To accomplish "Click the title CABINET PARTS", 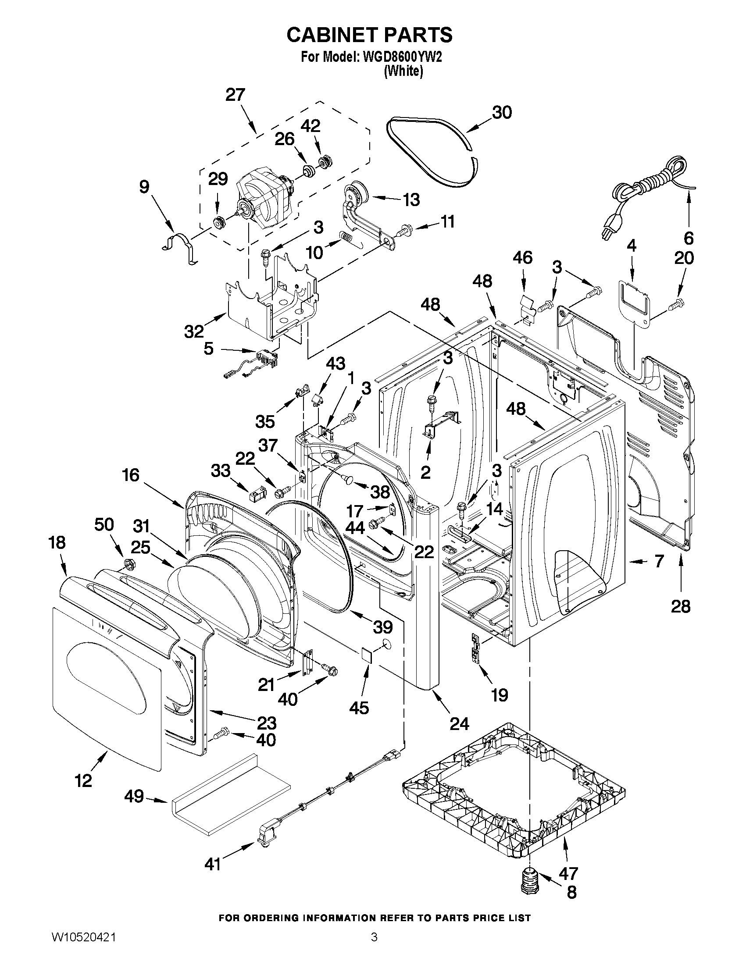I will (x=369, y=35).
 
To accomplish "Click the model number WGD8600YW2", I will (x=401, y=57).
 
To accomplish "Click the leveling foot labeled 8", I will (x=529, y=882).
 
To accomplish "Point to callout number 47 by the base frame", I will (x=568, y=873).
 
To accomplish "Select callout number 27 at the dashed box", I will (x=235, y=95).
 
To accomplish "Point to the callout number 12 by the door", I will (x=83, y=781).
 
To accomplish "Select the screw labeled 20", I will (x=676, y=303).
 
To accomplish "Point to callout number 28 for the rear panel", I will (x=680, y=607).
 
